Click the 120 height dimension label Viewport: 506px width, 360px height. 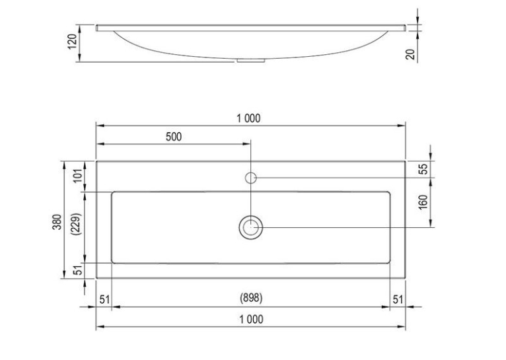tap(73, 42)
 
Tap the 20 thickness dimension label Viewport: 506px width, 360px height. tap(410, 54)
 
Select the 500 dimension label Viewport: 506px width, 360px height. tap(174, 137)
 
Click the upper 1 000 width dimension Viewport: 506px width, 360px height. tap(248, 118)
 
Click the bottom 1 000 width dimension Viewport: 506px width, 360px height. tap(251, 319)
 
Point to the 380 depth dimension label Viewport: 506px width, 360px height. tap(57, 221)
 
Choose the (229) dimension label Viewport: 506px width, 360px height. tap(78, 224)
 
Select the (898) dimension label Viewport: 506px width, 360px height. tap(251, 298)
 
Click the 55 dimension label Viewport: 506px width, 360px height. tap(423, 168)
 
